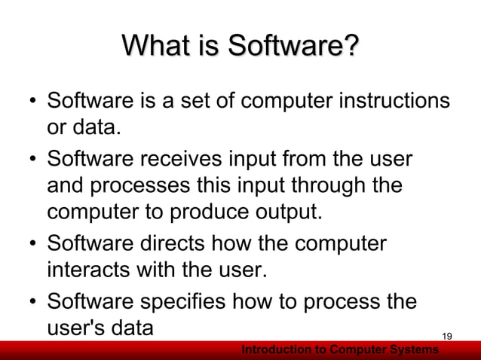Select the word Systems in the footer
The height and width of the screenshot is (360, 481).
pos(413,350)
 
